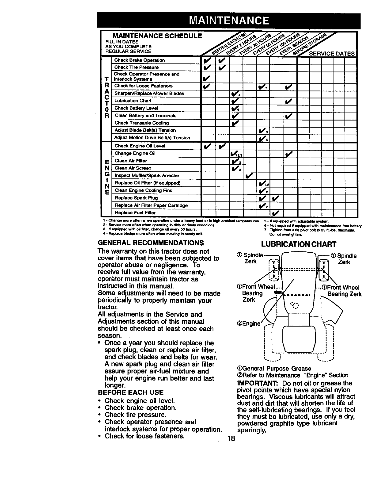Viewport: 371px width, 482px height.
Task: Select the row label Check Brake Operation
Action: point(139,60)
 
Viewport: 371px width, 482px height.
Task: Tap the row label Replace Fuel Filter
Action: point(135,213)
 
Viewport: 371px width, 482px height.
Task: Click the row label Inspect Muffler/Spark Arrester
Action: point(147,175)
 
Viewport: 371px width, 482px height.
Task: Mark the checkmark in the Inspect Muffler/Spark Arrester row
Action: point(249,175)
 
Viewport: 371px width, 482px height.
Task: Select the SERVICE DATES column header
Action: point(332,54)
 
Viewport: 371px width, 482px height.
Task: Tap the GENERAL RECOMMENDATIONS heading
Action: point(151,243)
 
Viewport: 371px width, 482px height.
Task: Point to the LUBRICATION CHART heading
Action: point(299,244)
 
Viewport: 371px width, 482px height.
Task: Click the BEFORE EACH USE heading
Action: point(130,392)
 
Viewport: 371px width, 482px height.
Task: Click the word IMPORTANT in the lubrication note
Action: point(257,383)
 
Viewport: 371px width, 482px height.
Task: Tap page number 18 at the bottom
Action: point(231,438)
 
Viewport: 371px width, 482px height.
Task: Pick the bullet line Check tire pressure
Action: point(135,415)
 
